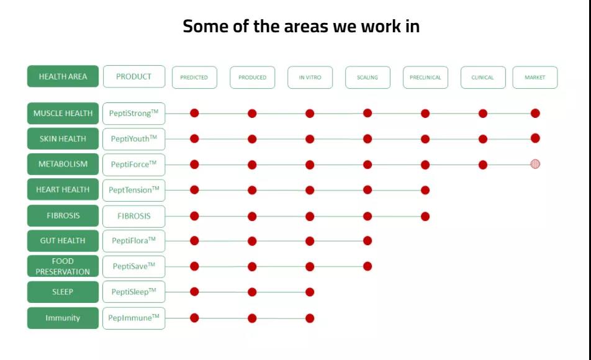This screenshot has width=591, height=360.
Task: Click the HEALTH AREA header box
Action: pos(63,76)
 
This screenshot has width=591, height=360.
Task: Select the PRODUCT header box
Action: pos(134,76)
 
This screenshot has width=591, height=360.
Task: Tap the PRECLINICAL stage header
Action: pos(425,78)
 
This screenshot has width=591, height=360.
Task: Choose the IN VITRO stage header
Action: pos(310,78)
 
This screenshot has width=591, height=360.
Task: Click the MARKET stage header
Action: pos(535,78)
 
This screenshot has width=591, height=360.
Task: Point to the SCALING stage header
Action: pos(368,78)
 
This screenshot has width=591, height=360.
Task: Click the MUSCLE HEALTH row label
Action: pos(63,113)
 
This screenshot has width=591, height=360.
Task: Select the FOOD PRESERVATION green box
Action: pos(63,266)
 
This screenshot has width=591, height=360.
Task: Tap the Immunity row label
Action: pos(63,318)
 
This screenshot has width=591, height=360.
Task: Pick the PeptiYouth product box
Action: pos(134,138)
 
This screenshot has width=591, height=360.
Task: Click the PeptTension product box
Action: pos(134,190)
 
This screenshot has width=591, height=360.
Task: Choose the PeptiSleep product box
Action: pos(134,292)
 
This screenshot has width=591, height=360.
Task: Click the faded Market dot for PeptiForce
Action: pos(535,164)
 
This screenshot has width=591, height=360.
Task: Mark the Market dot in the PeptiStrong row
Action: pos(535,113)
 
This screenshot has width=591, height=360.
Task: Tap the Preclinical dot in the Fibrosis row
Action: pos(425,217)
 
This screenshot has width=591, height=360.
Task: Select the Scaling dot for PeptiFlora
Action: pos(368,241)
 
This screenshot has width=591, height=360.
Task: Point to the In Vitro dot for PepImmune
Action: pos(310,318)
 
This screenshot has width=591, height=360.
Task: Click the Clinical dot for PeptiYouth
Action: pos(483,139)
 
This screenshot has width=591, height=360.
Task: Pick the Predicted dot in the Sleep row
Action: pos(194,291)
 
